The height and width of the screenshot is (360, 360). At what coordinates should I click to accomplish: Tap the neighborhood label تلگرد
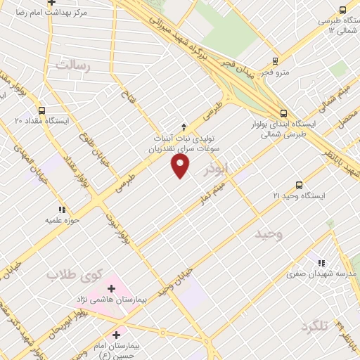(314, 326)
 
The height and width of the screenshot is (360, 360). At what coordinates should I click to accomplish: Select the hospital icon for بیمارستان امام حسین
(117, 335)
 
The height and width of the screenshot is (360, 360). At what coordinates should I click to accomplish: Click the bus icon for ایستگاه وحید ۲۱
(300, 185)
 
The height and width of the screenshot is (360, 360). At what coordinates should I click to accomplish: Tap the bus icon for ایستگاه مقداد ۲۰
(41, 110)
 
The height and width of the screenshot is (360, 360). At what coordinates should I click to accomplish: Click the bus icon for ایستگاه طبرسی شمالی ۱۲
(342, 11)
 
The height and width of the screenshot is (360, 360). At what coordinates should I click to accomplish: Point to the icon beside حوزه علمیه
(62, 209)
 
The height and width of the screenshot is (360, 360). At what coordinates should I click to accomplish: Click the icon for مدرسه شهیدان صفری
(321, 263)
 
